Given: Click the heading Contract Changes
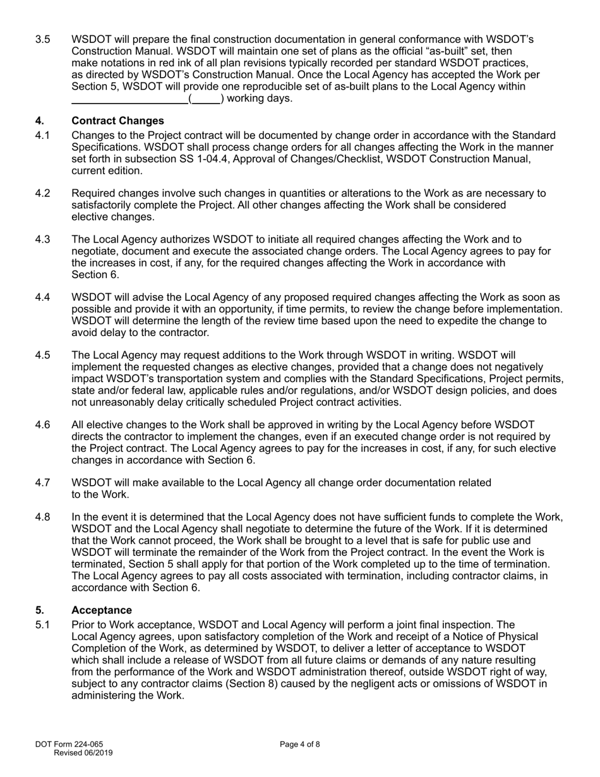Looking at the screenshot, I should point(117,121).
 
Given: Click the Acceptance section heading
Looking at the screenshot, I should point(102,610).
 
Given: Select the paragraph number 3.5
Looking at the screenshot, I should point(43,40).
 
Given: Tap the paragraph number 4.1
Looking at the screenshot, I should point(43,136).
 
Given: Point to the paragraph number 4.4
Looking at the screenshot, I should point(43,298).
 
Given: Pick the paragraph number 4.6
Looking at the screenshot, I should point(43,425).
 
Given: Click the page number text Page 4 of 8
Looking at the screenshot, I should point(300,744).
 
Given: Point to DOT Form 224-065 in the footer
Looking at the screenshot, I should point(69,744).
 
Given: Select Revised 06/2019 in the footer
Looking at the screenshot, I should point(83,753).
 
